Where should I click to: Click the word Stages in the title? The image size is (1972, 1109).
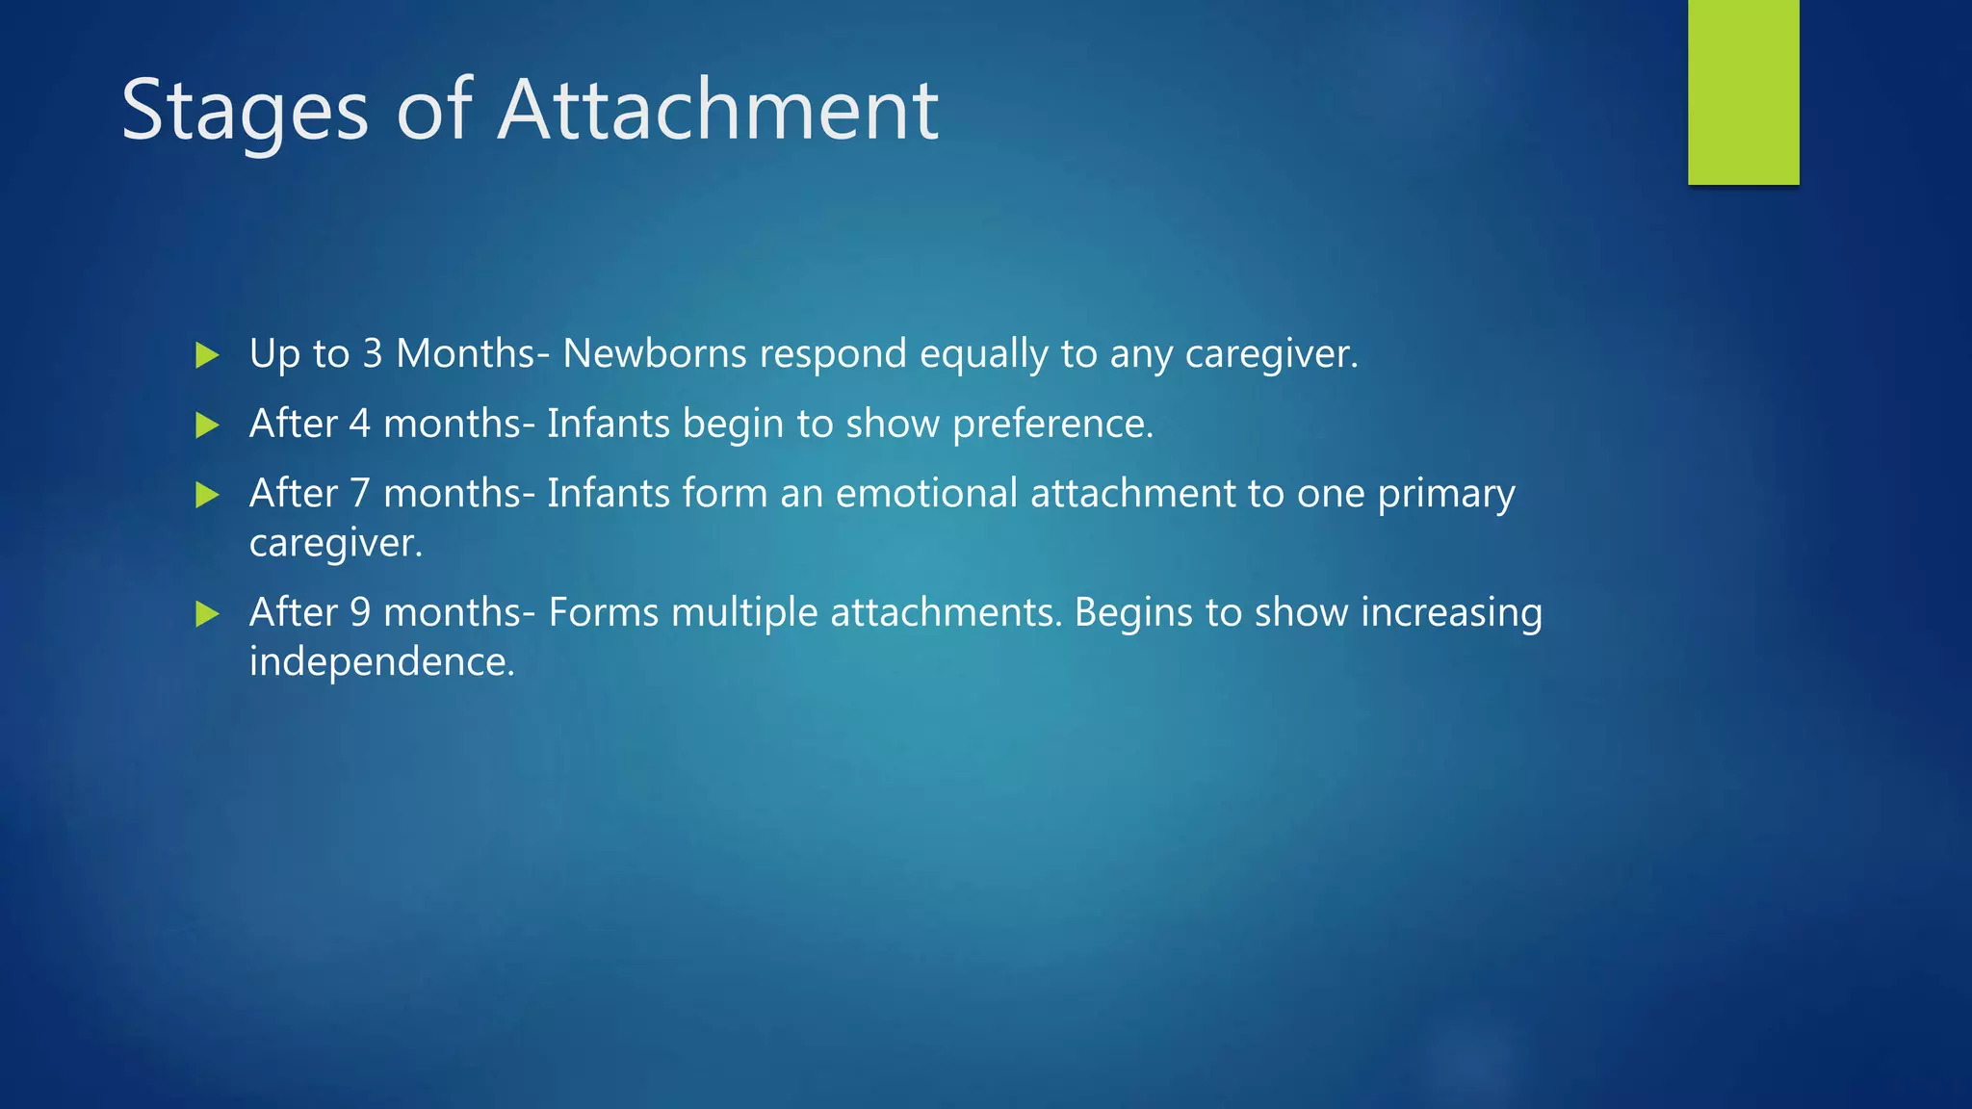(x=245, y=112)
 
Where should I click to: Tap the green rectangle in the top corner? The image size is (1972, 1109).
(x=1743, y=91)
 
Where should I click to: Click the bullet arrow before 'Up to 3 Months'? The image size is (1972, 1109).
(x=207, y=355)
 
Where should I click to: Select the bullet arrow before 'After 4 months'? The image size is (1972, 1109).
(x=207, y=425)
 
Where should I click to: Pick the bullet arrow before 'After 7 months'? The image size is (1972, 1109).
(x=207, y=495)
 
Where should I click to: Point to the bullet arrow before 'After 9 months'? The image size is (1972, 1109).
(x=207, y=613)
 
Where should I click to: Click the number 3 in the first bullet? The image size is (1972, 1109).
(x=373, y=353)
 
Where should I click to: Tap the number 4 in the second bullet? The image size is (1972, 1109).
(x=359, y=424)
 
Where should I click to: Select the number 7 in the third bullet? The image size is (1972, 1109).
(x=359, y=493)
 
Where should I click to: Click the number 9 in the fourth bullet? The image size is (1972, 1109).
(x=359, y=612)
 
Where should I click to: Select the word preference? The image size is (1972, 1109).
(x=1052, y=425)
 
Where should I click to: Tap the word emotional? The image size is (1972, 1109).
(x=926, y=493)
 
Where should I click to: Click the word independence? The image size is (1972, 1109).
(x=381, y=662)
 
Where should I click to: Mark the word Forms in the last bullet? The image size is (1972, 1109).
(x=603, y=612)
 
